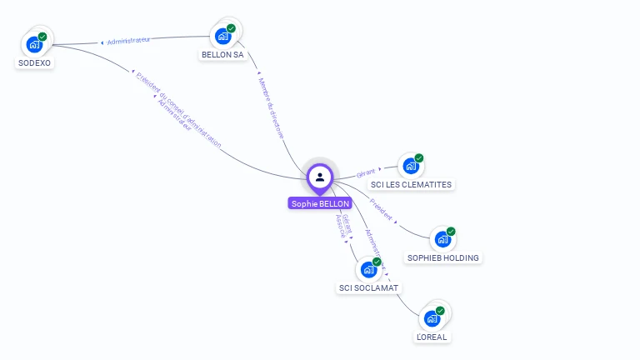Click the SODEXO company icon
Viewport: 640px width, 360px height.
34,44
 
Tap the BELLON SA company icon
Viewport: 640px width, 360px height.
222,36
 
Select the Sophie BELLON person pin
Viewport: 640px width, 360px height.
320,177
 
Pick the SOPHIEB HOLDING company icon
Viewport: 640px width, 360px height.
442,240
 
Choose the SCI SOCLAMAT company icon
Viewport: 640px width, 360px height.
367,270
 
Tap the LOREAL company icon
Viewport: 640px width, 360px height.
432,318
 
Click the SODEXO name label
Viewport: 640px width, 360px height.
34,62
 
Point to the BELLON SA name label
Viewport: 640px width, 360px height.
222,55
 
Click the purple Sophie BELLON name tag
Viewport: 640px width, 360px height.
320,203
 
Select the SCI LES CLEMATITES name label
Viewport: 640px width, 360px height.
412,184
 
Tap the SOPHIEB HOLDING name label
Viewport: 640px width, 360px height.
442,257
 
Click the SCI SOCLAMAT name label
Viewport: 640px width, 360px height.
368,287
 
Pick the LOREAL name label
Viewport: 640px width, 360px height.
432,337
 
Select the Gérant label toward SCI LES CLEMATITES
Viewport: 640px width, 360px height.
366,172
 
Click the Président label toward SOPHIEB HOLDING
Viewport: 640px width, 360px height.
381,207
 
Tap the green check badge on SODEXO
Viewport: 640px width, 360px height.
42,37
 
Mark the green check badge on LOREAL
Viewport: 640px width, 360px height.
440,311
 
